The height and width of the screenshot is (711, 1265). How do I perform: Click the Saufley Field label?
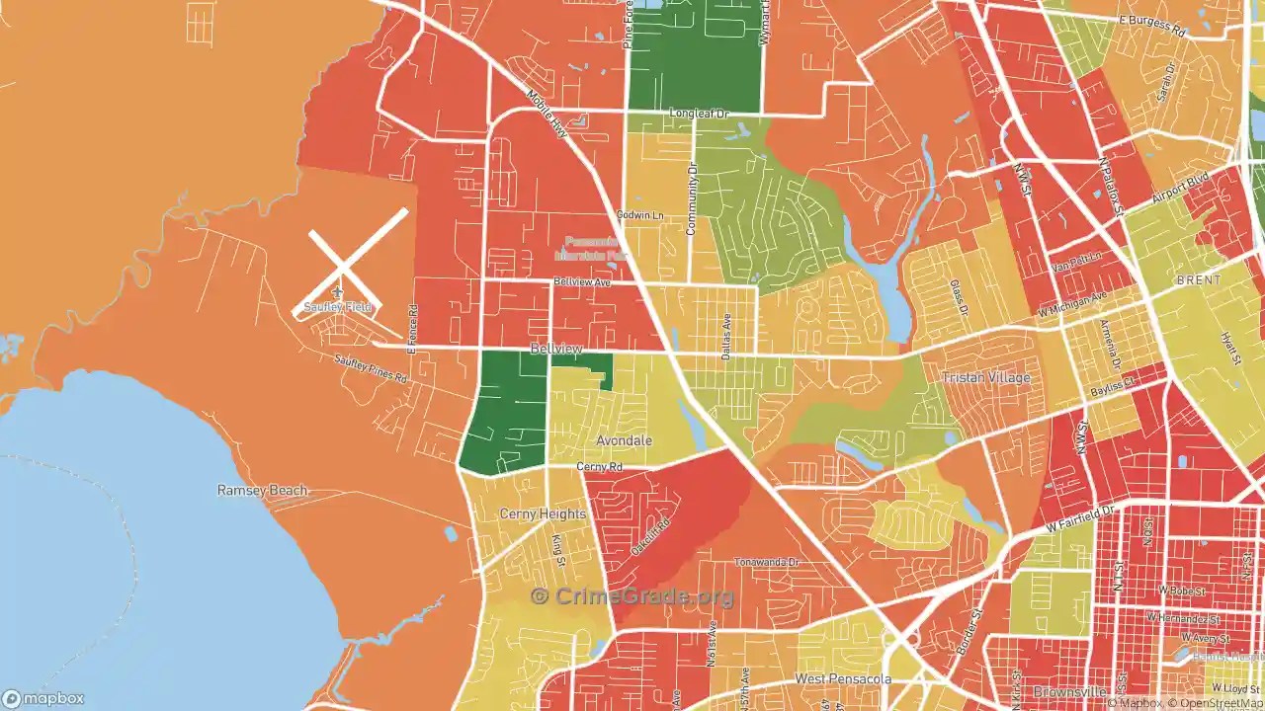coord(338,307)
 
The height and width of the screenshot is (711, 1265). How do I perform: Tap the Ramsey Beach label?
coord(263,490)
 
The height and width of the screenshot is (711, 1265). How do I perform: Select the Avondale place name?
coord(624,440)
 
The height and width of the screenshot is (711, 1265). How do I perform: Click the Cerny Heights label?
coord(543,513)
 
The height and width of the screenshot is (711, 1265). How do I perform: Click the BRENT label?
coord(1198,280)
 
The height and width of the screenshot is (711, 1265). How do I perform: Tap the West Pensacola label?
coord(843,679)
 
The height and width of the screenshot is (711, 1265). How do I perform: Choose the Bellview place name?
coord(555,349)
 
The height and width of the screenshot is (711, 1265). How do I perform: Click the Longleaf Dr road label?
coord(698,115)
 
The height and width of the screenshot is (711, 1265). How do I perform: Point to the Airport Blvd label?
coord(1180,187)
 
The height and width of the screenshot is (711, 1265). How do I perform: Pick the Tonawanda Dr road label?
coord(765,562)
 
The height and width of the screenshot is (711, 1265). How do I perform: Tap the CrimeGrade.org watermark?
coord(632,596)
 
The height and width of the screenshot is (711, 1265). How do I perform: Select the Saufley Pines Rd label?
coord(371,368)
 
